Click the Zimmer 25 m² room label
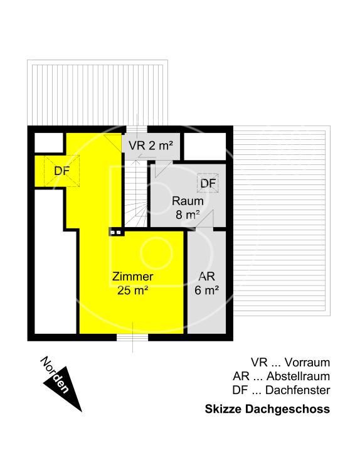click(132, 283)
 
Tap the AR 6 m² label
click(208, 283)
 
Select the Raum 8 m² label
click(187, 208)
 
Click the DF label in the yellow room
click(61, 171)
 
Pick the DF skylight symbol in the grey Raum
click(208, 183)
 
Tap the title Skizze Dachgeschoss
click(267, 409)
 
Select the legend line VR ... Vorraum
click(290, 363)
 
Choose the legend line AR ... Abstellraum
click(280, 376)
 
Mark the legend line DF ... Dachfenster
click(280, 390)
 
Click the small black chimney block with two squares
click(116, 232)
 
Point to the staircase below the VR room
click(134, 195)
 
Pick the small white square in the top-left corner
click(48, 143)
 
